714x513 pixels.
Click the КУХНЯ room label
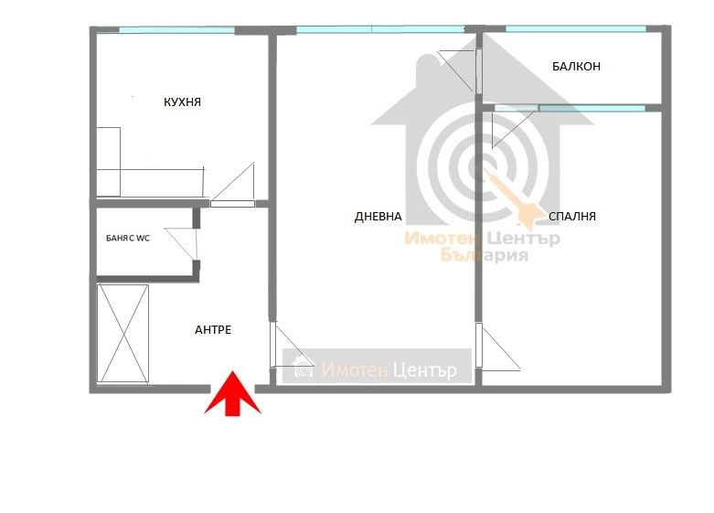pyautogui.click(x=182, y=102)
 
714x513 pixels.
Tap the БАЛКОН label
pyautogui.click(x=576, y=67)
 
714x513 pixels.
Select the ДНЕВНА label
pyautogui.click(x=378, y=217)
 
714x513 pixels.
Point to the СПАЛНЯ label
pyautogui.click(x=572, y=217)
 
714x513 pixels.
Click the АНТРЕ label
pyautogui.click(x=213, y=330)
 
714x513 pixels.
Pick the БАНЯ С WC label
pyautogui.click(x=127, y=239)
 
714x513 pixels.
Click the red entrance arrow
pyautogui.click(x=233, y=393)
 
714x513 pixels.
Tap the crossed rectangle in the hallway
pyautogui.click(x=123, y=334)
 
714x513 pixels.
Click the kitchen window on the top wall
pyautogui.click(x=177, y=30)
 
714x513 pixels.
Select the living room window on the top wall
pyautogui.click(x=380, y=29)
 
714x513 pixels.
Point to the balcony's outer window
pyautogui.click(x=576, y=29)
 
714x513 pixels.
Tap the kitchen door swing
pyautogui.click(x=232, y=185)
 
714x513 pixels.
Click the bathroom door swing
pyautogui.click(x=182, y=245)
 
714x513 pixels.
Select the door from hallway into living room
pyautogui.click(x=292, y=345)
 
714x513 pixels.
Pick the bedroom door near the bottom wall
pyautogui.click(x=497, y=347)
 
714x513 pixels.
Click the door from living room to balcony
pyautogui.click(x=460, y=70)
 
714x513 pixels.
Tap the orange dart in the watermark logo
pyautogui.click(x=514, y=198)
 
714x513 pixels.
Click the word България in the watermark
pyautogui.click(x=484, y=255)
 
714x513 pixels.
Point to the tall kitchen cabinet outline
pyautogui.click(x=109, y=162)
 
